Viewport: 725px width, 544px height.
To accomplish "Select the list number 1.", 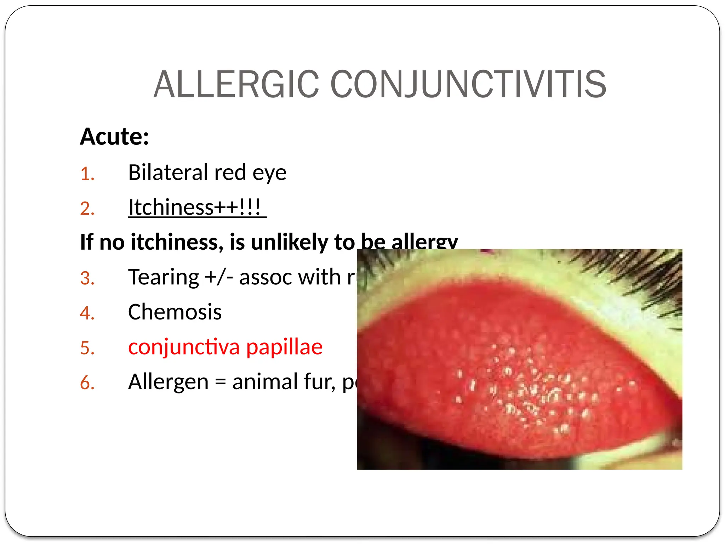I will coord(87,174).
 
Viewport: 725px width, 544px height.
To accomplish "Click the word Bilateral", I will coord(167,172).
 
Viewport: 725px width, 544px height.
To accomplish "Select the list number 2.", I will coord(87,208).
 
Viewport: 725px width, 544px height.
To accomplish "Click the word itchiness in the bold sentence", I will coord(177,242).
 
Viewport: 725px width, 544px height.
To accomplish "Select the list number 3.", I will coord(87,278).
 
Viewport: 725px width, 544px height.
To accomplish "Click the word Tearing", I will coord(164,277).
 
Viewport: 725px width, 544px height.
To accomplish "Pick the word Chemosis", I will coord(175,312).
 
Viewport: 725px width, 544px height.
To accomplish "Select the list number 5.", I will coord(87,348).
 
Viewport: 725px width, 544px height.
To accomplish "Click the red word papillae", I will coord(284,347).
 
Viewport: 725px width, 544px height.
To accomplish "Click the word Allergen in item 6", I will coord(169,382).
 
